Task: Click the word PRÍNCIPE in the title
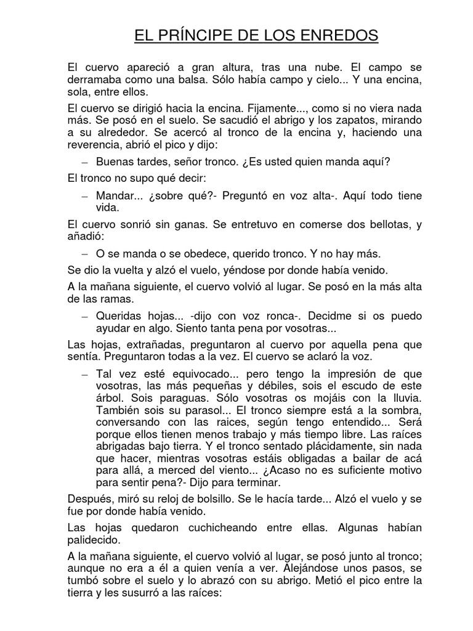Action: (198, 36)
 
